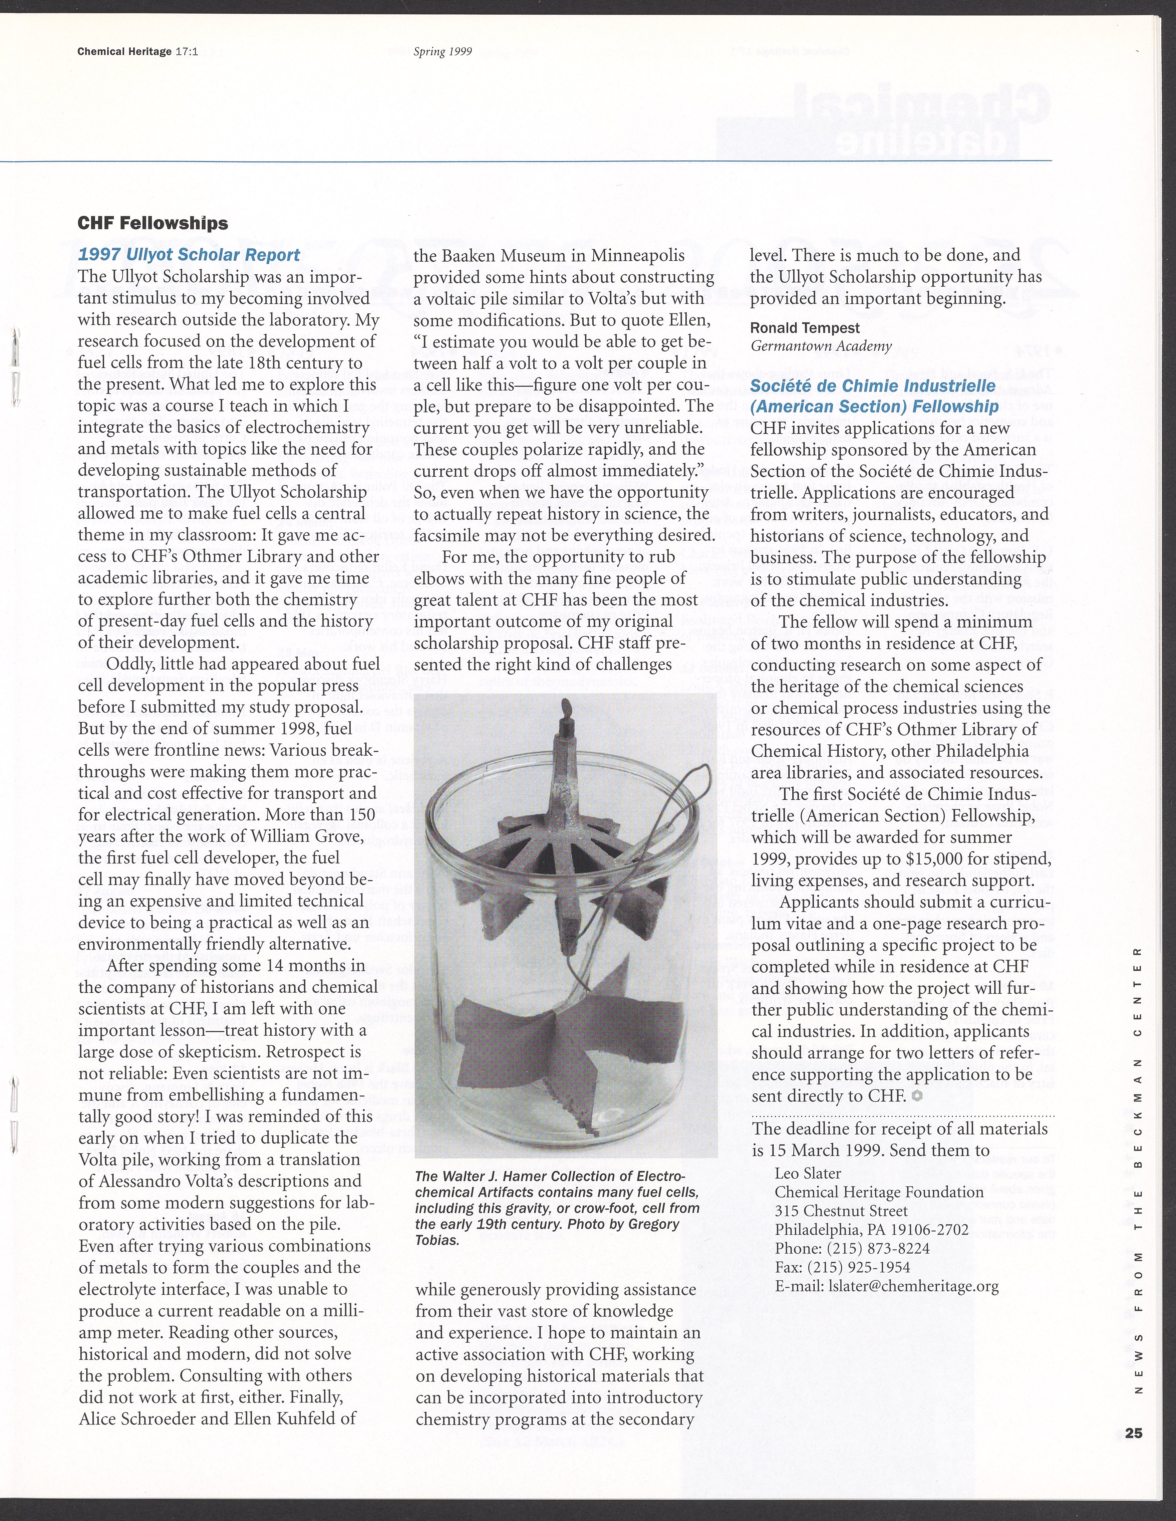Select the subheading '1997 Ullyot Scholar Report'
click(x=190, y=255)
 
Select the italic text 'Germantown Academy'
click(x=821, y=346)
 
